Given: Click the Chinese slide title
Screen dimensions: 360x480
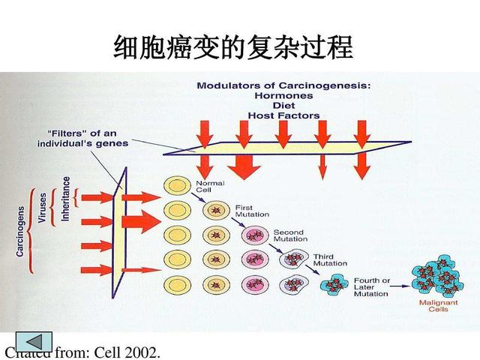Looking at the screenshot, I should pos(233,47).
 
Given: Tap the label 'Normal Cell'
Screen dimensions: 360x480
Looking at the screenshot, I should pos(205,186).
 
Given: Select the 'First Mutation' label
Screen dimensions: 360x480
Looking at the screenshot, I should pos(252,211).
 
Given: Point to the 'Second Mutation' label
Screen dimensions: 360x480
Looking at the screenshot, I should pos(289,235).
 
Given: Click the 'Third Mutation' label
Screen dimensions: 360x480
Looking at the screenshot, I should pos(330,260).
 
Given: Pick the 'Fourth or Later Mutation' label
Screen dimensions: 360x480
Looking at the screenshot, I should pos(372,287).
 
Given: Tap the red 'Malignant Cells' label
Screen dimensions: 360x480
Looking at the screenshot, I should pos(435,306).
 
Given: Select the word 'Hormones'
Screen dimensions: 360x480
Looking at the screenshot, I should pos(283,96).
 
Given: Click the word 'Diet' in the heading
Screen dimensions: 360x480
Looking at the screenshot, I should pos(283,106).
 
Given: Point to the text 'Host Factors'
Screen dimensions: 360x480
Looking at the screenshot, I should pos(283,115).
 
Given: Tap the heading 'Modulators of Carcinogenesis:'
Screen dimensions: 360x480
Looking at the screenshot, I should pos(283,86).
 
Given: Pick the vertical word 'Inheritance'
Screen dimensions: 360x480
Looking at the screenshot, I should pos(66,198).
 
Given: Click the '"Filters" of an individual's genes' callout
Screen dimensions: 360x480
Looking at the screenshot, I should pos(82,138).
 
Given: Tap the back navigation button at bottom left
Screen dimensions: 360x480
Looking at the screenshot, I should pos(33,341).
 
